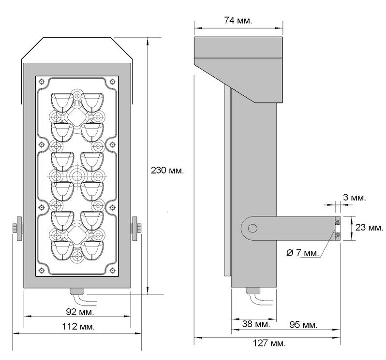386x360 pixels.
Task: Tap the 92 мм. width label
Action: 77,311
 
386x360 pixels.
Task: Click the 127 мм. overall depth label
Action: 269,343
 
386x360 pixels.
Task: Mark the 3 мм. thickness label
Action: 354,197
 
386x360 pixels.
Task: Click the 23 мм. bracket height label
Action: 369,228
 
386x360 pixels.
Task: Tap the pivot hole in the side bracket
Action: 252,228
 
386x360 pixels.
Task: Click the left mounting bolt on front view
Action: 18,228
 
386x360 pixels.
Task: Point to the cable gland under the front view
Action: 77,291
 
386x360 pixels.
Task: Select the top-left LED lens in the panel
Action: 61,101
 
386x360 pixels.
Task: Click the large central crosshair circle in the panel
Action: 77,174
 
